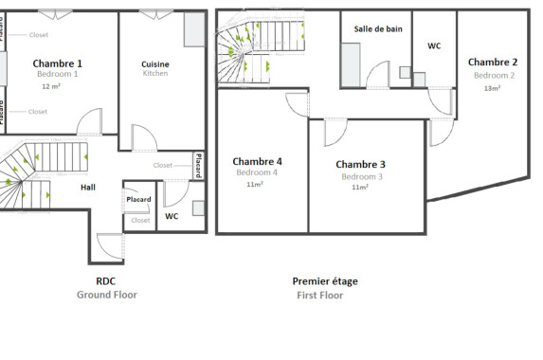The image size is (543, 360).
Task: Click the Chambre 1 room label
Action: click(58, 63)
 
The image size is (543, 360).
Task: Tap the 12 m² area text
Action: click(51, 86)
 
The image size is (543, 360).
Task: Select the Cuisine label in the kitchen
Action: click(155, 63)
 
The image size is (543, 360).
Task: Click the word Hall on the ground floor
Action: click(87, 188)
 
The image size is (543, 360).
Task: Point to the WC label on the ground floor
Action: click(172, 217)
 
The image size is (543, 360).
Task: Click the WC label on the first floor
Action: click(434, 45)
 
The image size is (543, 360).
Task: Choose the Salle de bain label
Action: click(378, 29)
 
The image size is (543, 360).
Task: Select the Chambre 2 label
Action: click(493, 63)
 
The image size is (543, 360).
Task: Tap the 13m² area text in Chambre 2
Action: click(493, 88)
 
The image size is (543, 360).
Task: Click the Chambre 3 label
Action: click(360, 164)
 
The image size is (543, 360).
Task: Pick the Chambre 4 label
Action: click(257, 161)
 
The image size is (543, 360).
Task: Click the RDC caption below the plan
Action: click(106, 281)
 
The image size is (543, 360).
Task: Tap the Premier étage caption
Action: click(325, 281)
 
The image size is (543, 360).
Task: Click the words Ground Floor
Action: click(106, 295)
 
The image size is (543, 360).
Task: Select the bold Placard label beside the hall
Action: click(139, 200)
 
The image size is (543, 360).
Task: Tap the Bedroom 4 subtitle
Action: click(257, 172)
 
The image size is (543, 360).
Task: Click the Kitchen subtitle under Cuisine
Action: click(155, 74)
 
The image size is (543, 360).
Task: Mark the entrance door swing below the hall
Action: click(110, 247)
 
